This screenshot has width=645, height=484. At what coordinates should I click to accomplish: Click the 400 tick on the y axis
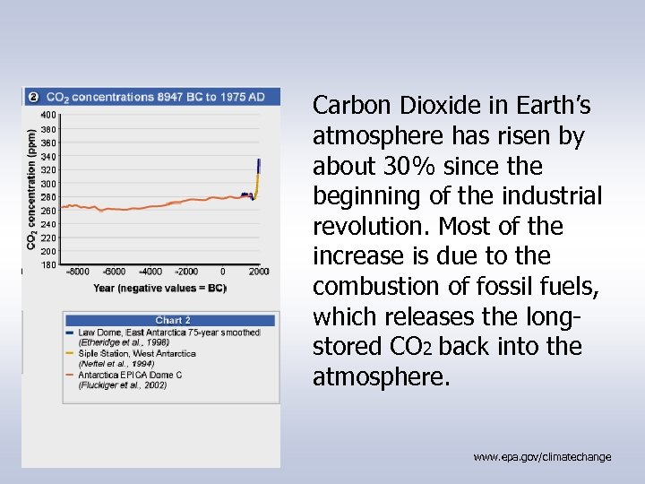coord(47,115)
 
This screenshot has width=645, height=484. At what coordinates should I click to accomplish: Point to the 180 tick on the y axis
coord(47,264)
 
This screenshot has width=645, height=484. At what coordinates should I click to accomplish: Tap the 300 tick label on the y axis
coord(47,184)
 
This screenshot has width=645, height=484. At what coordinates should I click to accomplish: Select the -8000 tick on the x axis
coord(78,272)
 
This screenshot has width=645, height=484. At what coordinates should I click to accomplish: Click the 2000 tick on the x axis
coord(258,272)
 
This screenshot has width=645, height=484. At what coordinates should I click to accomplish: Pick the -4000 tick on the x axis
coord(150,272)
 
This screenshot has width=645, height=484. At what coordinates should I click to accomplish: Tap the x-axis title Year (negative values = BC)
coord(159,288)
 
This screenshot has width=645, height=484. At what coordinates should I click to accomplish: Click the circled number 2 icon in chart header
coord(33,97)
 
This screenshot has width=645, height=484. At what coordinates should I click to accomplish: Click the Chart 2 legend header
coord(172,320)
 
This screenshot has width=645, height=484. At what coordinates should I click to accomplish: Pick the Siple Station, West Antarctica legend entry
coord(137,354)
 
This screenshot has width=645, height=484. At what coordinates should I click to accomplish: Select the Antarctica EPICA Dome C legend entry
coord(130,375)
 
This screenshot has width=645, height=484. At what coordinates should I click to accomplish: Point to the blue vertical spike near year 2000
coord(259,165)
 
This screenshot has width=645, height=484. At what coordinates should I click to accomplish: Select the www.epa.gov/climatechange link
coord(542,457)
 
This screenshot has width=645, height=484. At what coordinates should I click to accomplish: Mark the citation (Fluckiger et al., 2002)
coord(123,385)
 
